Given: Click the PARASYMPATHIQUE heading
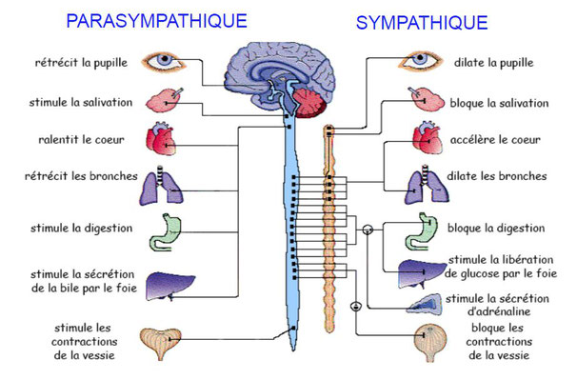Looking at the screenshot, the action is [x=156, y=21].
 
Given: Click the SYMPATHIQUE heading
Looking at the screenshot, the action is [x=422, y=23].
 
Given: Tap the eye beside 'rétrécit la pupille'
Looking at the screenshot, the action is [x=164, y=62].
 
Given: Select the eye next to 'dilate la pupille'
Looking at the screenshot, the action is [x=420, y=60].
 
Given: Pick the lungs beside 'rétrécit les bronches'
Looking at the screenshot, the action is [x=161, y=185].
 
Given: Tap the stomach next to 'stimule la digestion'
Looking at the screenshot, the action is [x=166, y=232].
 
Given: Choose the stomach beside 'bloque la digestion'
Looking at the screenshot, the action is [x=422, y=232].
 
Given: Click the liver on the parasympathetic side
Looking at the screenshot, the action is [x=169, y=287].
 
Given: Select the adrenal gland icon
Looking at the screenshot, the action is [x=425, y=304].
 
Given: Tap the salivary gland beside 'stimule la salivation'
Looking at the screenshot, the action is [x=164, y=100].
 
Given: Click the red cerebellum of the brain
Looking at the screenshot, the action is [x=309, y=103].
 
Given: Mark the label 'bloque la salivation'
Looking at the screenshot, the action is [x=499, y=103].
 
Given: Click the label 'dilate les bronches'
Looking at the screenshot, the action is [x=497, y=175].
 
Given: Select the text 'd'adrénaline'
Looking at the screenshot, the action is [x=499, y=311].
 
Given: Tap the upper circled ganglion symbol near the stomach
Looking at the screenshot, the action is [x=368, y=230].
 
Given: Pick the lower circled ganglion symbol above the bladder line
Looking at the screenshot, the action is [x=355, y=306].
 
